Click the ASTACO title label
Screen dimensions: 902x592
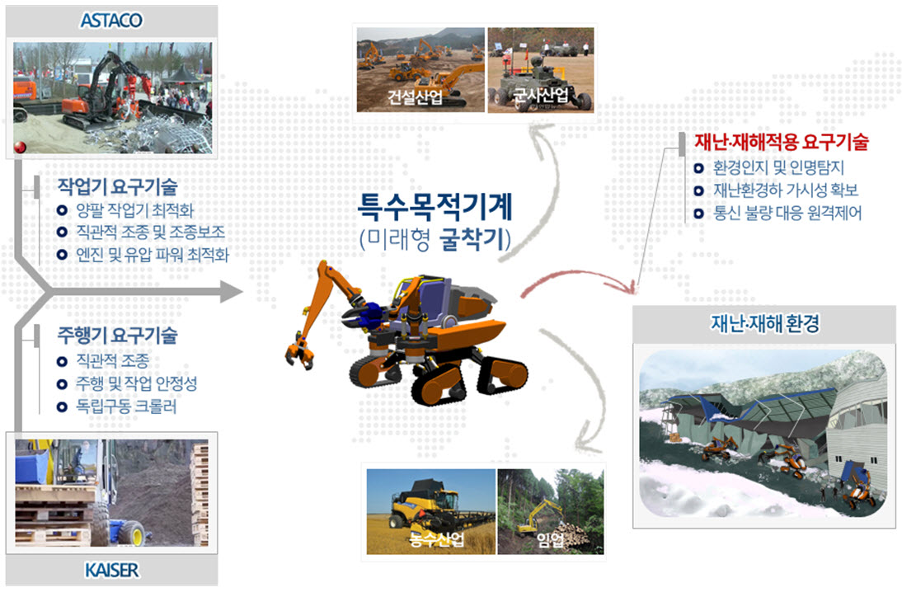[111, 21]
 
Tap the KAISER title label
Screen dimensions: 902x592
[111, 570]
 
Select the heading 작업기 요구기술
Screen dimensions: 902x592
[117, 186]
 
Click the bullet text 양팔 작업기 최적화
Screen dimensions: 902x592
[134, 210]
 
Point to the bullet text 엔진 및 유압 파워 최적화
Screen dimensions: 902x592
[153, 255]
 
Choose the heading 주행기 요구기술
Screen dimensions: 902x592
[117, 336]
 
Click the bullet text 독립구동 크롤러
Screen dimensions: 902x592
[126, 406]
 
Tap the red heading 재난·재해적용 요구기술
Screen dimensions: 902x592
[781, 142]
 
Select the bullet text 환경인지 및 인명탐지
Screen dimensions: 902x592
[778, 167]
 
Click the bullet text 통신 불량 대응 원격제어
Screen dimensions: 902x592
[787, 214]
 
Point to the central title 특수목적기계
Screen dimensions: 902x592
[435, 207]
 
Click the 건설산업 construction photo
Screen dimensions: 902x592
[420, 69]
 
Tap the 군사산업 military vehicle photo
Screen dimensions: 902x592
[541, 69]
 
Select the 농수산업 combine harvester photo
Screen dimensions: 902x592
[431, 511]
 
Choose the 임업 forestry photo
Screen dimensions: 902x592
[551, 511]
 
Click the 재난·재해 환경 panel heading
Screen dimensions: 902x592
[764, 323]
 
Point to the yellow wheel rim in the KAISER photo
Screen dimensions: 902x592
[138, 533]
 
